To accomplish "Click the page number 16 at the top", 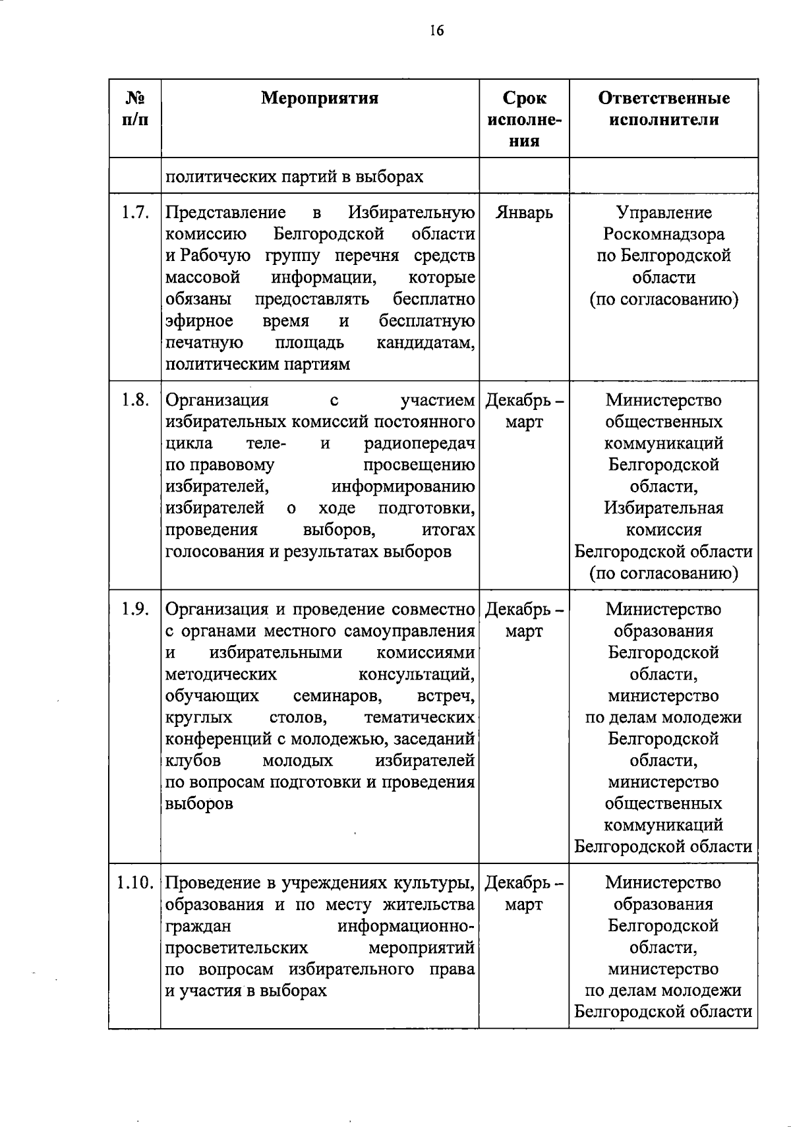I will [436, 31].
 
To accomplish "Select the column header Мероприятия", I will [320, 99].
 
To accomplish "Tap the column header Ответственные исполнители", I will [664, 109].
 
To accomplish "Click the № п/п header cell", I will [135, 109].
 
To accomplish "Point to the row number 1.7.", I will [135, 213].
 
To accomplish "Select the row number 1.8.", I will [135, 400].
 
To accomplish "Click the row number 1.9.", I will [135, 610].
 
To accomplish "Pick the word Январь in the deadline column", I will [524, 213].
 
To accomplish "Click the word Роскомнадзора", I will [664, 235].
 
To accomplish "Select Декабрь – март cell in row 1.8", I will [525, 411].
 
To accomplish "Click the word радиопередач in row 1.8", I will [420, 444].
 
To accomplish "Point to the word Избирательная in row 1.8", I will [664, 508].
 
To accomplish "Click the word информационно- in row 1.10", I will [406, 926].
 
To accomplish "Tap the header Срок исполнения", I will [525, 119].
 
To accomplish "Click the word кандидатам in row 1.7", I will [426, 343].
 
